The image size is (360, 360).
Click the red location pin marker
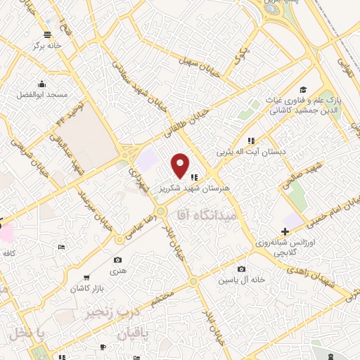pyautogui.click(x=180, y=165)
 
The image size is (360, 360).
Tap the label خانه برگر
pyautogui.click(x=46, y=44)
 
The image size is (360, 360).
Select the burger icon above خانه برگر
pyautogui.click(x=47, y=34)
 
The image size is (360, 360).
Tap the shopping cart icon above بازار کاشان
pyautogui.click(x=86, y=278)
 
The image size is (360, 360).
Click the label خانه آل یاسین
pyautogui.click(x=242, y=279)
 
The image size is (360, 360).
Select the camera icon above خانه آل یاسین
pyautogui.click(x=242, y=269)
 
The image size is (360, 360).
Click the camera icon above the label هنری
pyautogui.click(x=117, y=260)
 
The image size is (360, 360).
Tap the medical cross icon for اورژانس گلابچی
pyautogui.click(x=285, y=231)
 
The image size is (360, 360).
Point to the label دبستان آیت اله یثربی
pyautogui.click(x=250, y=151)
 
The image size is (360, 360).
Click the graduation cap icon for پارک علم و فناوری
pyautogui.click(x=303, y=89)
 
